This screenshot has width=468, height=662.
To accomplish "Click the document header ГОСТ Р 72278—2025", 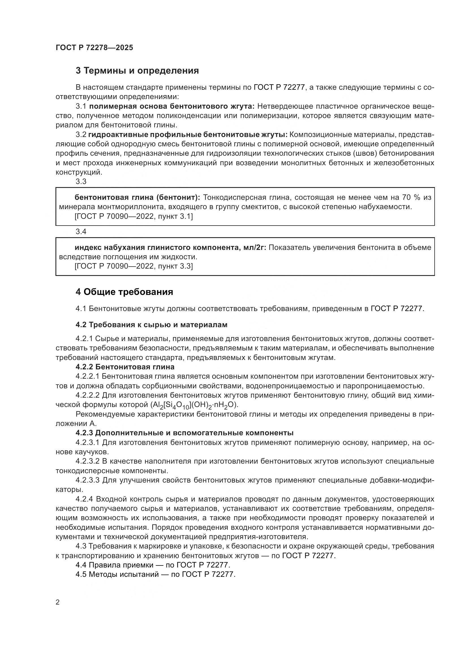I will (94, 48).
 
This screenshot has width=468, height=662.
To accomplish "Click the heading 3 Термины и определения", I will (137, 71).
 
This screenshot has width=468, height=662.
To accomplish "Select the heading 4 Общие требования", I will (124, 292).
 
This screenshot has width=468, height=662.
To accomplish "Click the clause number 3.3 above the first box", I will (81, 181).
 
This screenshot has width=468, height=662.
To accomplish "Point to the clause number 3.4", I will (81, 232).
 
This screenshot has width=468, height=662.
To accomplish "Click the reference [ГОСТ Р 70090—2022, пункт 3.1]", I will (134, 216).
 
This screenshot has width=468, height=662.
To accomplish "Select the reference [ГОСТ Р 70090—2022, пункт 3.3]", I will (134, 266).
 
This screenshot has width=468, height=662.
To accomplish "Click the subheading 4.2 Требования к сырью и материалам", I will (151, 325).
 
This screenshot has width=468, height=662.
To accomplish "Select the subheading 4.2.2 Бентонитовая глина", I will (125, 367).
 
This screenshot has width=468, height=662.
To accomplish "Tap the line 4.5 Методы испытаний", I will (156, 574).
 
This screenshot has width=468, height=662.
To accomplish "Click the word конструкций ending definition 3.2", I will (78, 172).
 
